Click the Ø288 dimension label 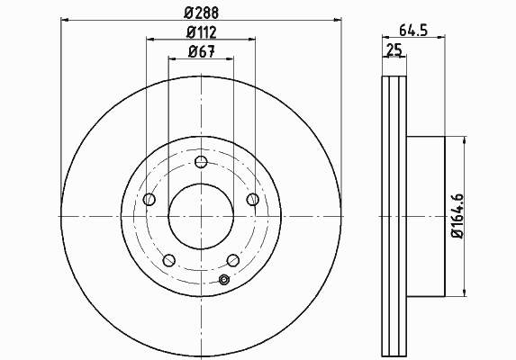pyautogui.click(x=201, y=13)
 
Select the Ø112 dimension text pyautogui.click(x=202, y=32)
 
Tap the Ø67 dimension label pyautogui.click(x=202, y=51)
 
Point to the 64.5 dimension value pyautogui.click(x=413, y=31)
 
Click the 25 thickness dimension pyautogui.click(x=394, y=50)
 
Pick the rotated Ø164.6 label pyautogui.click(x=457, y=216)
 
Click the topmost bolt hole pyautogui.click(x=201, y=162)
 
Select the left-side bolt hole pyautogui.click(x=149, y=199)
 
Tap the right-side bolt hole pyautogui.click(x=253, y=199)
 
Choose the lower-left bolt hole pyautogui.click(x=168, y=260)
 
